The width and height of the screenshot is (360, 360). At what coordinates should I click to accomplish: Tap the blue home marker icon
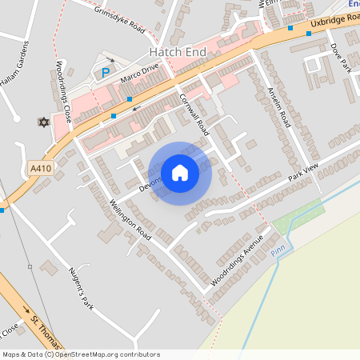(x=180, y=173)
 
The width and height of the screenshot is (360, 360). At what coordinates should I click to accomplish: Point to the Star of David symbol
(x=43, y=122)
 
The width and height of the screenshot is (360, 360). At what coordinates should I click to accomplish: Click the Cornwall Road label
(x=194, y=113)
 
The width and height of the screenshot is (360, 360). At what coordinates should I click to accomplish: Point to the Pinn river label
(x=278, y=251)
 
